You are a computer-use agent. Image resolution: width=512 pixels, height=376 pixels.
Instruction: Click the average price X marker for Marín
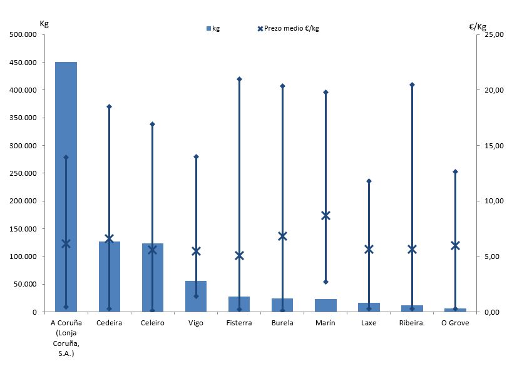point(325,215)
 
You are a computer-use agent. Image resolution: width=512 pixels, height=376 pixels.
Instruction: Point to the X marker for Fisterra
point(239,255)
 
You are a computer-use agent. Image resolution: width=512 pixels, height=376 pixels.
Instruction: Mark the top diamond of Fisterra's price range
point(239,79)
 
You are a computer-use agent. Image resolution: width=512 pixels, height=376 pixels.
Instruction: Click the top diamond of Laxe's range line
point(369,181)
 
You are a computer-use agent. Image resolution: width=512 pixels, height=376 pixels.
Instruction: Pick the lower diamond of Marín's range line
point(325,282)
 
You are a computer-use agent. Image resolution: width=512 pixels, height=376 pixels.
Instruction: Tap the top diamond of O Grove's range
point(455,171)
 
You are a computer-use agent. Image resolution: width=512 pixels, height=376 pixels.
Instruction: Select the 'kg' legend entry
point(213,28)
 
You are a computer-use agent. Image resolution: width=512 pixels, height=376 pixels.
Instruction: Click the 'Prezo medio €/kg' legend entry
point(291,28)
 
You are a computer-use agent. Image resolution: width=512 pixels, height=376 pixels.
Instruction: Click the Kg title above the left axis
point(44,24)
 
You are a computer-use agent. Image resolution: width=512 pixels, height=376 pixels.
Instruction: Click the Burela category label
point(282,323)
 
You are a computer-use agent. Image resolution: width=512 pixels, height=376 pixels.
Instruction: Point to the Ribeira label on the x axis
point(412,323)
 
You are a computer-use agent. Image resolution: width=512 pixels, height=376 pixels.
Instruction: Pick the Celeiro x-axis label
point(153,323)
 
